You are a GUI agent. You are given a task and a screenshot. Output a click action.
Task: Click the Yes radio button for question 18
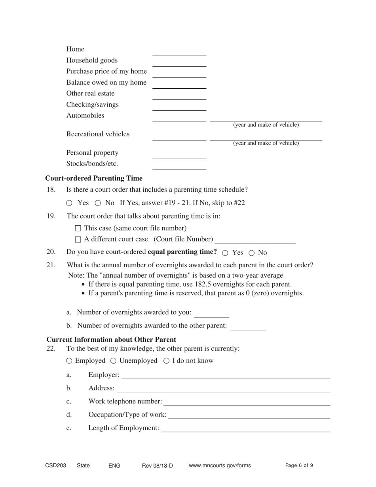(x=69, y=203)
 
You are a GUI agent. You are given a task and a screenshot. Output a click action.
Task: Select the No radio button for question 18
(x=98, y=203)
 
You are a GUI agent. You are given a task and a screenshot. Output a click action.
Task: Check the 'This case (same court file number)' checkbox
(x=78, y=228)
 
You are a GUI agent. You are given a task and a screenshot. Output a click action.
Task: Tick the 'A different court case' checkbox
(x=78, y=240)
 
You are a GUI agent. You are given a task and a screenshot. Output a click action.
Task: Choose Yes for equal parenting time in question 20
(x=225, y=253)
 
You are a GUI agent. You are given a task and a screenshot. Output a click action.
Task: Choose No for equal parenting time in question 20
(x=251, y=253)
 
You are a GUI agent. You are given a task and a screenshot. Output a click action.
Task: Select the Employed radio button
(x=69, y=361)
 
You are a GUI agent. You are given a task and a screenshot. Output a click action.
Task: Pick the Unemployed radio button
(x=113, y=361)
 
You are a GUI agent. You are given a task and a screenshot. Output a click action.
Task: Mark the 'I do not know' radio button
(x=166, y=361)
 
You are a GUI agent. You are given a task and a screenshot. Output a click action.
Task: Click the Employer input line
(x=226, y=375)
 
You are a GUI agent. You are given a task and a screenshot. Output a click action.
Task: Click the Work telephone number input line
(x=247, y=402)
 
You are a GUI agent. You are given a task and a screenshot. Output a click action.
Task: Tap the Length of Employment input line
(x=245, y=428)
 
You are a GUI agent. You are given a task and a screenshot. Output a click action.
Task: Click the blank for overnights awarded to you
(x=212, y=314)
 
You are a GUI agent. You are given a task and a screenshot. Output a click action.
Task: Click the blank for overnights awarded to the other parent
(x=248, y=327)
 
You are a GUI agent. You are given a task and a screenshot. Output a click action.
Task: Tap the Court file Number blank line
(x=256, y=240)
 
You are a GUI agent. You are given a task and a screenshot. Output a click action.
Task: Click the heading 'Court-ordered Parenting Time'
(x=94, y=178)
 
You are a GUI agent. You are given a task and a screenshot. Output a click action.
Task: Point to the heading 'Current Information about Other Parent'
(x=111, y=340)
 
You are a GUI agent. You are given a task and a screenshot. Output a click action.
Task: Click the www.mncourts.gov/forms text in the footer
(x=220, y=466)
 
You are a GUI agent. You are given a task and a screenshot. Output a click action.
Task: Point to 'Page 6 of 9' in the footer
(x=299, y=466)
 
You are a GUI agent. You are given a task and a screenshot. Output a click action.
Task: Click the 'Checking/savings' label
(x=92, y=105)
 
